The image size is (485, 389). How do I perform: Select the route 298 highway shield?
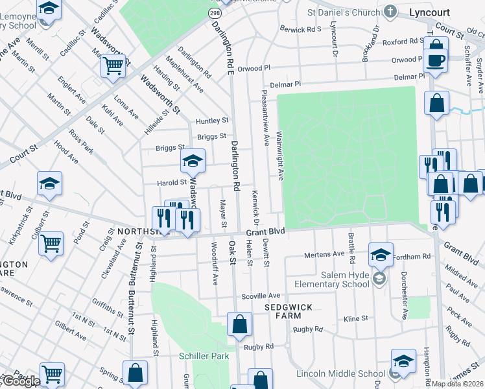tap(213, 12)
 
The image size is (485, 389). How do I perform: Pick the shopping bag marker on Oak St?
tap(239, 324)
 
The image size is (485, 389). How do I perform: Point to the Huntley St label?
tap(213, 121)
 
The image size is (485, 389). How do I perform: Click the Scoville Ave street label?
tap(261, 295)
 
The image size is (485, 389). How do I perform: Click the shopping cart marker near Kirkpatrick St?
tap(51, 244)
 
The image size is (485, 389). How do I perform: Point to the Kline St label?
tap(356, 318)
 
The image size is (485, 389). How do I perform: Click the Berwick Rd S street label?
tap(301, 29)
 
